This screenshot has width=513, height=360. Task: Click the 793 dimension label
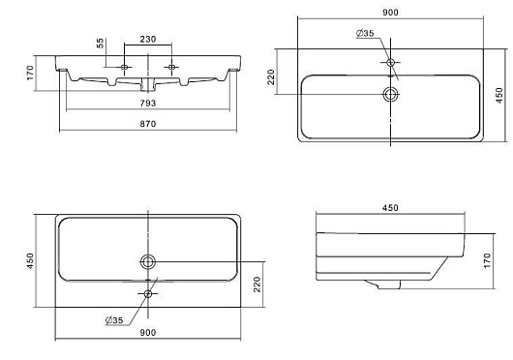click(148, 104)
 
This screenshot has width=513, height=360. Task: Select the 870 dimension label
click(148, 124)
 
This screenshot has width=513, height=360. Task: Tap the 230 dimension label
click(148, 40)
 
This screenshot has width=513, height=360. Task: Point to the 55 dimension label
click(101, 43)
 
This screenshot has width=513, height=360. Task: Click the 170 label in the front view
click(30, 73)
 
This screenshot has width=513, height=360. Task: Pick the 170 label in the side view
click(487, 261)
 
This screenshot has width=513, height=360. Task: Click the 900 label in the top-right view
click(390, 13)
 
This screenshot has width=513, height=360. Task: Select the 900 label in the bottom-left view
click(148, 333)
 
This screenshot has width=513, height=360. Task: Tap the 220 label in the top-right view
click(271, 76)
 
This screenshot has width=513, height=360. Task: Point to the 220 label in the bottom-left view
click(257, 285)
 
